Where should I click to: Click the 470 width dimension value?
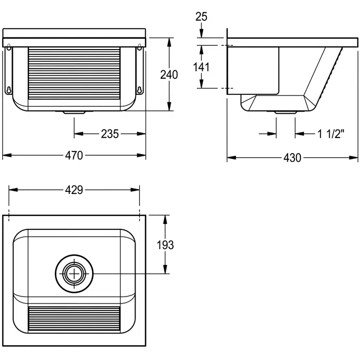pos(74,155)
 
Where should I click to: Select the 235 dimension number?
pos(110,134)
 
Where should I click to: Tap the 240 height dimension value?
pos(169,75)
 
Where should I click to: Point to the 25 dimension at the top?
pos(202,17)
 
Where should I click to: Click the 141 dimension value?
pos(201,67)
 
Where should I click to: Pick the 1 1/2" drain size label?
pos(331,134)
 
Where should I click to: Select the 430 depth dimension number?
pos(292,158)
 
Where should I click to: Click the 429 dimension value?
pos(74,190)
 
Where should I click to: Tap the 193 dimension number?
pos(165,245)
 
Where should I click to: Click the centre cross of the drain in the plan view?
pos(74,274)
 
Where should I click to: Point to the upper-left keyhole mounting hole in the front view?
pos(9,47)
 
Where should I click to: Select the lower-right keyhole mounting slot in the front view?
pos(139,90)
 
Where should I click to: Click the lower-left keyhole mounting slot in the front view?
pos(9,90)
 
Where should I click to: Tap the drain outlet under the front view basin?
pos(74,113)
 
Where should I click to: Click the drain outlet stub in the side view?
pos(286,113)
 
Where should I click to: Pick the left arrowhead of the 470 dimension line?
pos(7,155)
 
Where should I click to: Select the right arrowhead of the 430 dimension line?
pos(354,158)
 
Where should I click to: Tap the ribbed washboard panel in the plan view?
pos(74,319)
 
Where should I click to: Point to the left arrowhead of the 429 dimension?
pos(13,190)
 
